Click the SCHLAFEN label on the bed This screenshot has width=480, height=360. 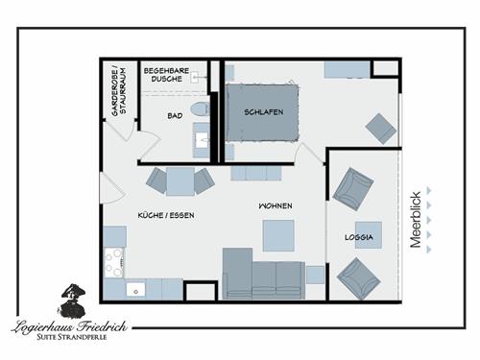coord(264,112)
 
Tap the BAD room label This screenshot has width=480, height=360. coord(175,115)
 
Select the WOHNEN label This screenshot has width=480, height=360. coord(276,205)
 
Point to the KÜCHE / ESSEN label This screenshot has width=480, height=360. coord(166,215)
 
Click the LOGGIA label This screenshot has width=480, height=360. coord(359,237)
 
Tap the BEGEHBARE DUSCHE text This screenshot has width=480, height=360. coord(166,75)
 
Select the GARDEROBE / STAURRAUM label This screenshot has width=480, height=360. coord(119,91)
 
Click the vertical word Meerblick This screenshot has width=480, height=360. coord(416,220)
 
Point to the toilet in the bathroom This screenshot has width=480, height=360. coord(200,108)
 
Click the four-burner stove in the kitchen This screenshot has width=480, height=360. coord(113,262)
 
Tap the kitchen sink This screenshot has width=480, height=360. coord(135,290)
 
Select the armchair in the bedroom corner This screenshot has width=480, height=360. coord(381,129)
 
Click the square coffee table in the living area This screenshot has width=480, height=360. coord(278,235)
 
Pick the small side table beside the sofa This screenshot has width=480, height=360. coord(315,275)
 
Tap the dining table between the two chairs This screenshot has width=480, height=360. coord(180,181)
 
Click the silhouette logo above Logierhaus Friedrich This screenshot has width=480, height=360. coord(71,300)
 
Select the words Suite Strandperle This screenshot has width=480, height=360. coord(72,337)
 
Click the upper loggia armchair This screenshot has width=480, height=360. coord(353,189)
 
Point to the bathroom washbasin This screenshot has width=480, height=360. coord(202,140)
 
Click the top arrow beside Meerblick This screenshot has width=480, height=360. coord(429,190)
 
